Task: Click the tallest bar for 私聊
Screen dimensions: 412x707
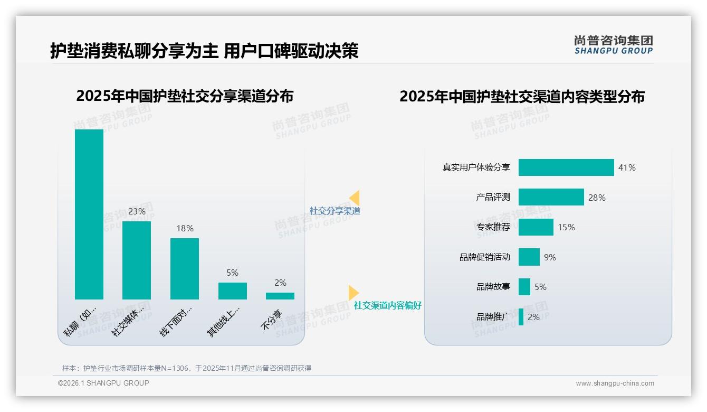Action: [89, 214]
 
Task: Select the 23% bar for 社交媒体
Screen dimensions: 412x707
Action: [137, 260]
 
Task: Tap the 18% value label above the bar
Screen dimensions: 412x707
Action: [185, 228]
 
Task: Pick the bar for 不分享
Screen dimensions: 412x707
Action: [280, 296]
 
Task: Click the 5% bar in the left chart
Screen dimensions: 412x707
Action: [233, 291]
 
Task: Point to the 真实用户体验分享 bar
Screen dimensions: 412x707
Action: [566, 167]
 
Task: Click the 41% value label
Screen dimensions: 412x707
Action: [627, 167]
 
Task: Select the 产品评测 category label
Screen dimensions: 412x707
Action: [493, 197]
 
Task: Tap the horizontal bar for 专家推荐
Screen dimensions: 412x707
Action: [536, 227]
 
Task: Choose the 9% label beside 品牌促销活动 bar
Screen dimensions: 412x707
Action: [550, 257]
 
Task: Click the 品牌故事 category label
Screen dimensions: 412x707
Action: [493, 287]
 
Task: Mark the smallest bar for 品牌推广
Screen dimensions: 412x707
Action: [521, 317]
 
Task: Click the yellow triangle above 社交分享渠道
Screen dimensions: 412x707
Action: [355, 198]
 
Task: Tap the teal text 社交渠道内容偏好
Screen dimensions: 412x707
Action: [387, 305]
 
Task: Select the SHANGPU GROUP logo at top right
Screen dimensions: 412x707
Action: [613, 45]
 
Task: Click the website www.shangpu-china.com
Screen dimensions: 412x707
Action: [615, 383]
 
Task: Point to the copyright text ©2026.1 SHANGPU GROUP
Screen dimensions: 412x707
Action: [103, 383]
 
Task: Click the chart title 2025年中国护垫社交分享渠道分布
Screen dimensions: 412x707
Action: [185, 96]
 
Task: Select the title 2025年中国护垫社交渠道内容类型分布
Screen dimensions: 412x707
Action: [522, 97]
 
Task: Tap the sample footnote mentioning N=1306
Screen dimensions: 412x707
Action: [187, 368]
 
